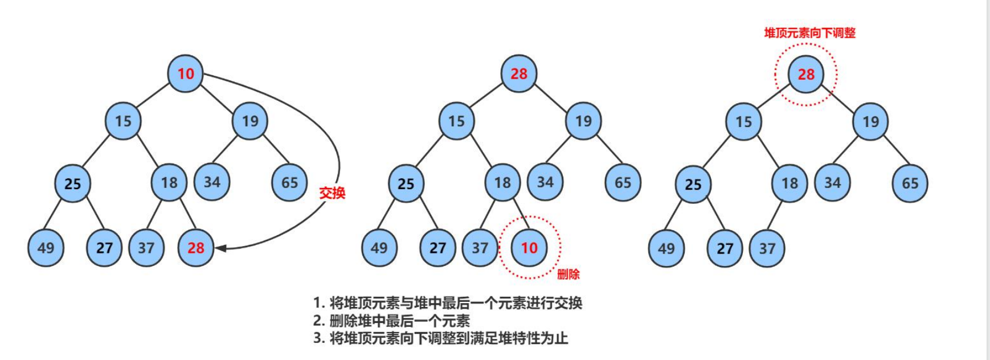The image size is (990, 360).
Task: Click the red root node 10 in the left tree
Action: [185, 73]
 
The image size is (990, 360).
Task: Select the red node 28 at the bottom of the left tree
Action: [195, 248]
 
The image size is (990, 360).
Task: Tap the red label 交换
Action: [332, 193]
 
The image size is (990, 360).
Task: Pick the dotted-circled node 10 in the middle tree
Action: [529, 248]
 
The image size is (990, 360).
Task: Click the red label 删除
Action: [568, 275]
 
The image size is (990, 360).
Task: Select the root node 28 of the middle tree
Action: [519, 73]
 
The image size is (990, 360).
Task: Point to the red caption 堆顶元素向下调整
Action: [809, 33]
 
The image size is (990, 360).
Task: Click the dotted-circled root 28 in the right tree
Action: [806, 74]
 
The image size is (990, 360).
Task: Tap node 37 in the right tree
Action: [767, 248]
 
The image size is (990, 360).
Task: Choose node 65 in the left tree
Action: [289, 182]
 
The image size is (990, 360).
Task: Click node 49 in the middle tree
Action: [379, 248]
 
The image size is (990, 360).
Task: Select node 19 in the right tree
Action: [870, 121]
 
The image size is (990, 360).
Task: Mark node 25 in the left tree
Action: [72, 183]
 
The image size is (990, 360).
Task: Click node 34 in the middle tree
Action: [545, 182]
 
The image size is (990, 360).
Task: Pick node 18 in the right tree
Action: [789, 183]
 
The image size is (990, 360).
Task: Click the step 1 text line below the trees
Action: [448, 302]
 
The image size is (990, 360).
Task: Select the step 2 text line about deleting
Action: [391, 320]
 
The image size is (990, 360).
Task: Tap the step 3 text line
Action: [440, 338]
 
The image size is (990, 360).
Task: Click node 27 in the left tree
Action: [104, 248]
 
